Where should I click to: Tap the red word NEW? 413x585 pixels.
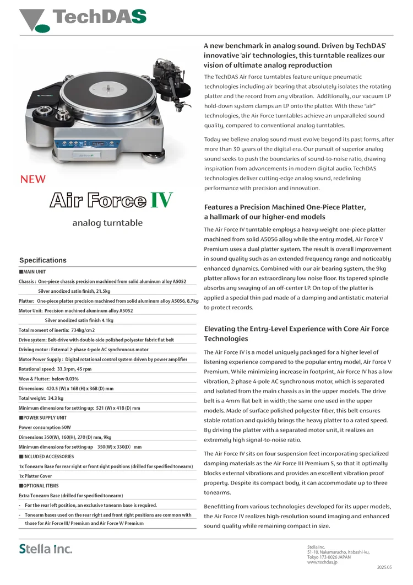click(x=33, y=179)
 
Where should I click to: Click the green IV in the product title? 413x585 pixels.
click(x=161, y=200)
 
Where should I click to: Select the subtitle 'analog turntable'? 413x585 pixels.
click(x=107, y=223)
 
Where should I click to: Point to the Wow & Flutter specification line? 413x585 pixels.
click(x=48, y=379)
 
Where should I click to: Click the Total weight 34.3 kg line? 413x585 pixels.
click(x=41, y=398)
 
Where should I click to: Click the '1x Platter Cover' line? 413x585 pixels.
click(x=36, y=476)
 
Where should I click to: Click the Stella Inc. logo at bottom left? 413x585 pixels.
click(x=46, y=549)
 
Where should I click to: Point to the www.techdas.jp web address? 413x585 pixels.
click(x=322, y=562)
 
